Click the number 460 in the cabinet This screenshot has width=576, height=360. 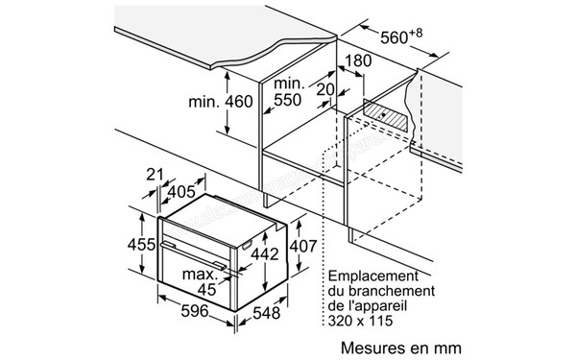point(234,103)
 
